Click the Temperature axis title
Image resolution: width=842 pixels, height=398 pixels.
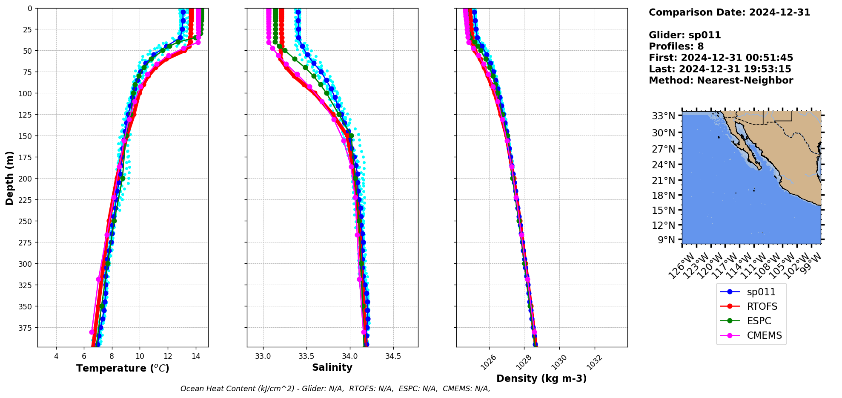click(123, 368)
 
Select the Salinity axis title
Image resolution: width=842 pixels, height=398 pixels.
click(332, 367)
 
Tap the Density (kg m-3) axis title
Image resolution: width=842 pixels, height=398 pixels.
click(541, 378)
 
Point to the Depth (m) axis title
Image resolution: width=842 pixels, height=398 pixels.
click(9, 178)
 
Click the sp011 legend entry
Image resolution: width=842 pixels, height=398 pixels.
click(761, 292)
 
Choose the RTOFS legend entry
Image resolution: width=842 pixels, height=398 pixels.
click(762, 306)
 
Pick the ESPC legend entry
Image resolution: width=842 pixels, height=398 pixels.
click(759, 321)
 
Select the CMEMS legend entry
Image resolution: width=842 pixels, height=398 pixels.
click(764, 335)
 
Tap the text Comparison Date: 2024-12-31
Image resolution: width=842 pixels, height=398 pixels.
click(729, 12)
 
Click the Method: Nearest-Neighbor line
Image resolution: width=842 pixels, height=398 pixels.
click(721, 81)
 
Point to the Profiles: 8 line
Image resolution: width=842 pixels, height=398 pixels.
click(676, 46)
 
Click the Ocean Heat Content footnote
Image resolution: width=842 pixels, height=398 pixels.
click(335, 389)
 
